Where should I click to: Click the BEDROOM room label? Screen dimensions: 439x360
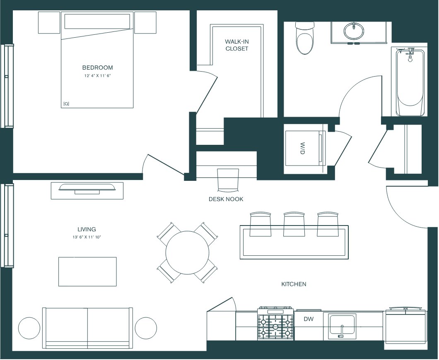97,67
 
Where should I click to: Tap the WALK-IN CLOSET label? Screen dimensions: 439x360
237,45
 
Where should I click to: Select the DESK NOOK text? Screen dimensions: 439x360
226,199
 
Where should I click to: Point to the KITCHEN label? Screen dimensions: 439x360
294,284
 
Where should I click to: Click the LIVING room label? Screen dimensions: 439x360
87,229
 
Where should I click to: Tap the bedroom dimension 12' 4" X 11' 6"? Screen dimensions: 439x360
98,76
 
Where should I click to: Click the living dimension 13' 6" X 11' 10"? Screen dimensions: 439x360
87,237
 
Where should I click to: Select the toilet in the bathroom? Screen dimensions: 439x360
305,38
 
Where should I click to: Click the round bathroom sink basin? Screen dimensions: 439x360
354,31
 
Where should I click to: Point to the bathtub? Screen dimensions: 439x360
410,82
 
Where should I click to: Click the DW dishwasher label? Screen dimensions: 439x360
309,319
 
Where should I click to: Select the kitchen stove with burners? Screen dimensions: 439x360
275,324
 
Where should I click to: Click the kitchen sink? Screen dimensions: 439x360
342,325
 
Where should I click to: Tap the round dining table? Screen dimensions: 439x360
187,252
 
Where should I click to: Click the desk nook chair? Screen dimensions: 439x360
228,180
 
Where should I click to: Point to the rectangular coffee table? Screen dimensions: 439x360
87,271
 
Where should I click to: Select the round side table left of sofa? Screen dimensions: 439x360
29,328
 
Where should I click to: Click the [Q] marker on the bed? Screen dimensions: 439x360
66,104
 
